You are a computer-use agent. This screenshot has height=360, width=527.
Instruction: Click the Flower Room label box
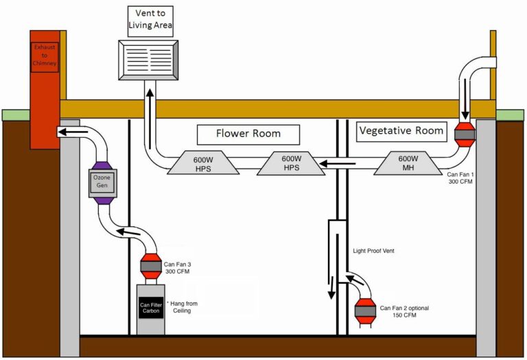coord(248,134)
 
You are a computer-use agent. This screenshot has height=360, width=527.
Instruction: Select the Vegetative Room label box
coord(401,130)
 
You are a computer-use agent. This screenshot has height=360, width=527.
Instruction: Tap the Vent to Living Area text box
coord(149,21)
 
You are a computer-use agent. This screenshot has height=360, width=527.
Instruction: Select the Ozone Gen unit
coord(101,182)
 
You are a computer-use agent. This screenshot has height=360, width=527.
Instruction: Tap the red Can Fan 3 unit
coord(150,265)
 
